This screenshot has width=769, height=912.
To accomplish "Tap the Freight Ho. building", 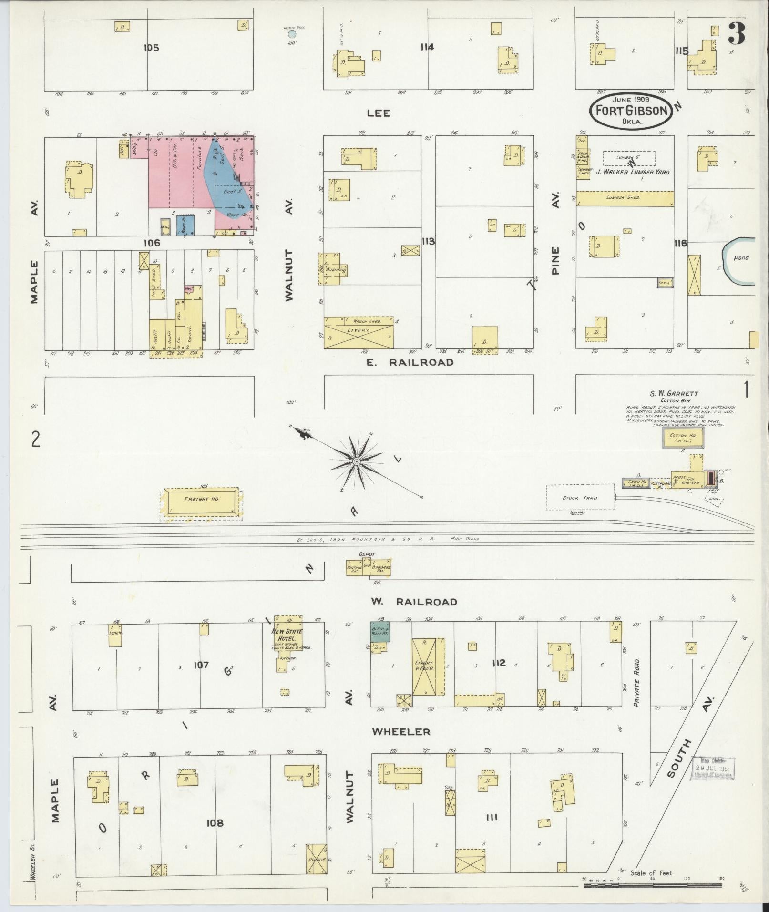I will (x=201, y=501).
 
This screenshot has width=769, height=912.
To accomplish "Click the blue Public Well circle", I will (x=292, y=34).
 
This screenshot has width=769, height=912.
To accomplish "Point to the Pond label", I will (x=741, y=258).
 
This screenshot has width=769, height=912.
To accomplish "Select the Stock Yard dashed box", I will (x=579, y=498).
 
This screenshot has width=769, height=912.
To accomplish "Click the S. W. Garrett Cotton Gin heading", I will (x=674, y=397).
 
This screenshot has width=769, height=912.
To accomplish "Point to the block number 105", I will (x=151, y=48).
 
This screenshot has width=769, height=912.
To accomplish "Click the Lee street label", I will (x=378, y=113).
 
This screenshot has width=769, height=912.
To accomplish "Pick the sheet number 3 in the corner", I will (x=737, y=34).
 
